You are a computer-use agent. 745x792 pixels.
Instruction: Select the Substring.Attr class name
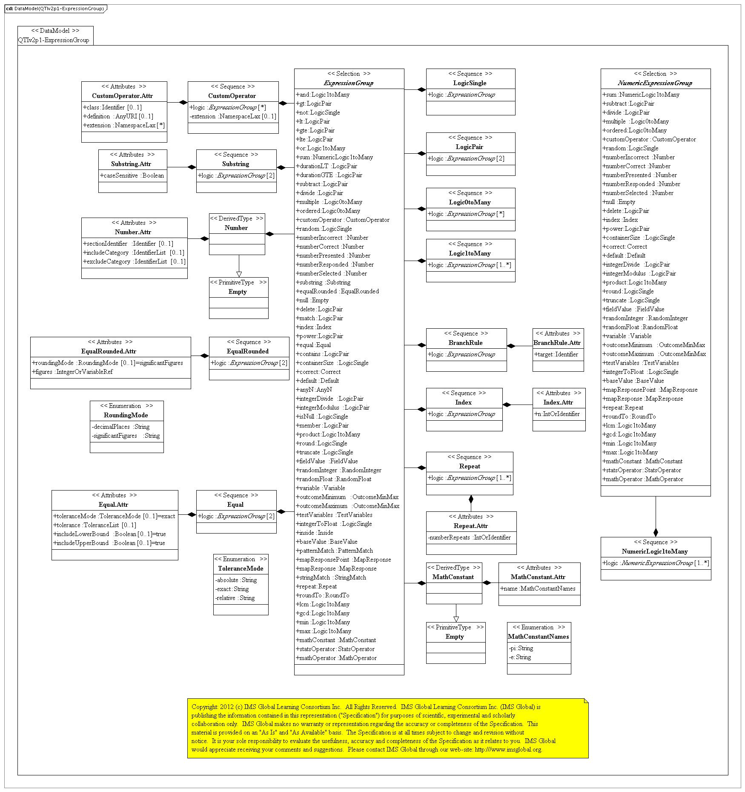pos(131,164)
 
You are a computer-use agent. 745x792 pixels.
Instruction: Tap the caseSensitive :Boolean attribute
pos(132,175)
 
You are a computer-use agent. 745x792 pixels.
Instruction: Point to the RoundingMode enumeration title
pos(126,415)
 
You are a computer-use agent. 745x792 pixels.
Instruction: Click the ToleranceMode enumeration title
pos(241,568)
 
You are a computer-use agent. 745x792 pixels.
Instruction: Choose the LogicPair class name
pos(470,147)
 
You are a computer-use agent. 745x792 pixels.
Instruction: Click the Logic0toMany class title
pos(470,202)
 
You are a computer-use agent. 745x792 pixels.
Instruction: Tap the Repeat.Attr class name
pos(471,526)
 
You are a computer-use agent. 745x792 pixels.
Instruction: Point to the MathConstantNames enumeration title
pos(539,637)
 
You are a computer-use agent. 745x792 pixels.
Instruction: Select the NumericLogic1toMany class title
pos(655,551)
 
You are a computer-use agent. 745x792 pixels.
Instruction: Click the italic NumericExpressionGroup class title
pos(655,83)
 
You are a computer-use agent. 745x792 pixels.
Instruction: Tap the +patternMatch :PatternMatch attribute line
pos(335,551)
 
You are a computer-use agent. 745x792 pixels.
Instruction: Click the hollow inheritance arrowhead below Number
pos(239,274)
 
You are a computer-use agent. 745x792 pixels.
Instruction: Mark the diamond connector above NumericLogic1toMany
pos(656,532)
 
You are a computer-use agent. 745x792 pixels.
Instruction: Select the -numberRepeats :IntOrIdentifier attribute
pos(469,537)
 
